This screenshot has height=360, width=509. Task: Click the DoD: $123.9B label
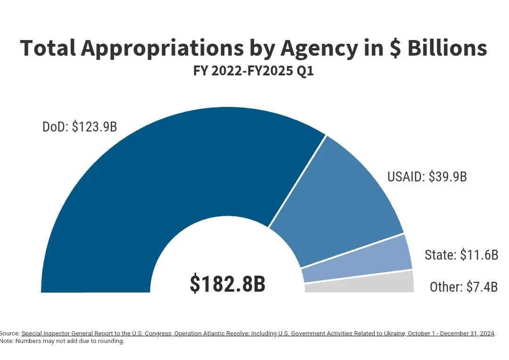point(80,127)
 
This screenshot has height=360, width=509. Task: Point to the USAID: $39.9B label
point(427,177)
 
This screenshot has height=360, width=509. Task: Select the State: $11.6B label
point(461,255)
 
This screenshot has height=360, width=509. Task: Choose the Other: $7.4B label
point(464,286)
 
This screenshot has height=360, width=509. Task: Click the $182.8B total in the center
point(228,284)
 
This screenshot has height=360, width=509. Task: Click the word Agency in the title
point(319,49)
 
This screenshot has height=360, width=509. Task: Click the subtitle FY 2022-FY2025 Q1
point(254,71)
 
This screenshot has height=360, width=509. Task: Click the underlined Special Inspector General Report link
point(96,334)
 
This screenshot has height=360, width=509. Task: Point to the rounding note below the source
point(62,341)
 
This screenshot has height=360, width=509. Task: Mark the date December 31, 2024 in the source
point(468,334)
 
